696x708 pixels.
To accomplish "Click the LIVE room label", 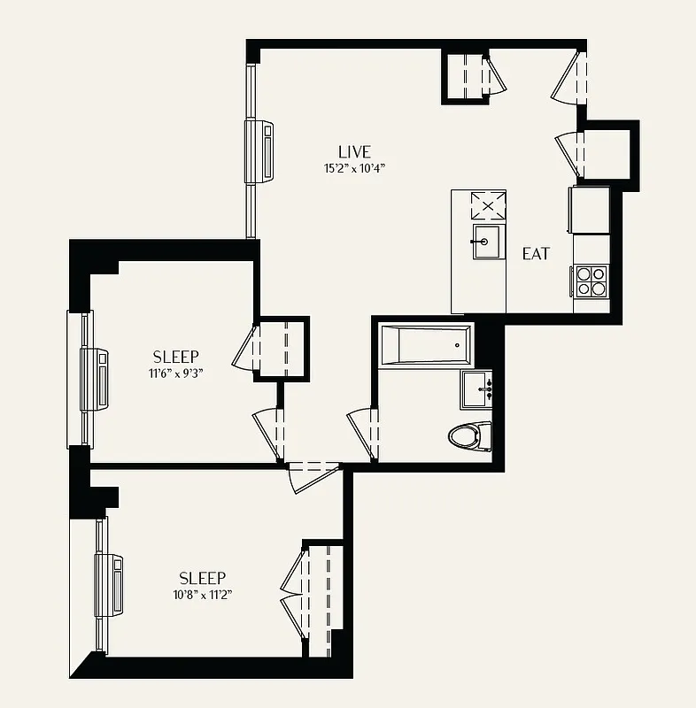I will [x=354, y=151].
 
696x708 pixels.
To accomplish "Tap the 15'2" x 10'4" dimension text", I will [x=354, y=168].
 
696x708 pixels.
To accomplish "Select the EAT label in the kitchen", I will [x=536, y=254].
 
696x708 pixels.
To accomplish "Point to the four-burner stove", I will [x=591, y=281].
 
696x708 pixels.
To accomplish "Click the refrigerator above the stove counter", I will [x=589, y=210].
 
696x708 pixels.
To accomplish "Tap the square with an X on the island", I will [x=486, y=206].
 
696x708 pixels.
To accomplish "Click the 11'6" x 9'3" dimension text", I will [x=175, y=373].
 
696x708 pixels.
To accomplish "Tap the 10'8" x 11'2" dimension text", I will [x=203, y=595].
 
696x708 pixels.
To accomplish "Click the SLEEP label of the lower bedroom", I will [x=202, y=578].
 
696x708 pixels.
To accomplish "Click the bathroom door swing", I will [x=364, y=433].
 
